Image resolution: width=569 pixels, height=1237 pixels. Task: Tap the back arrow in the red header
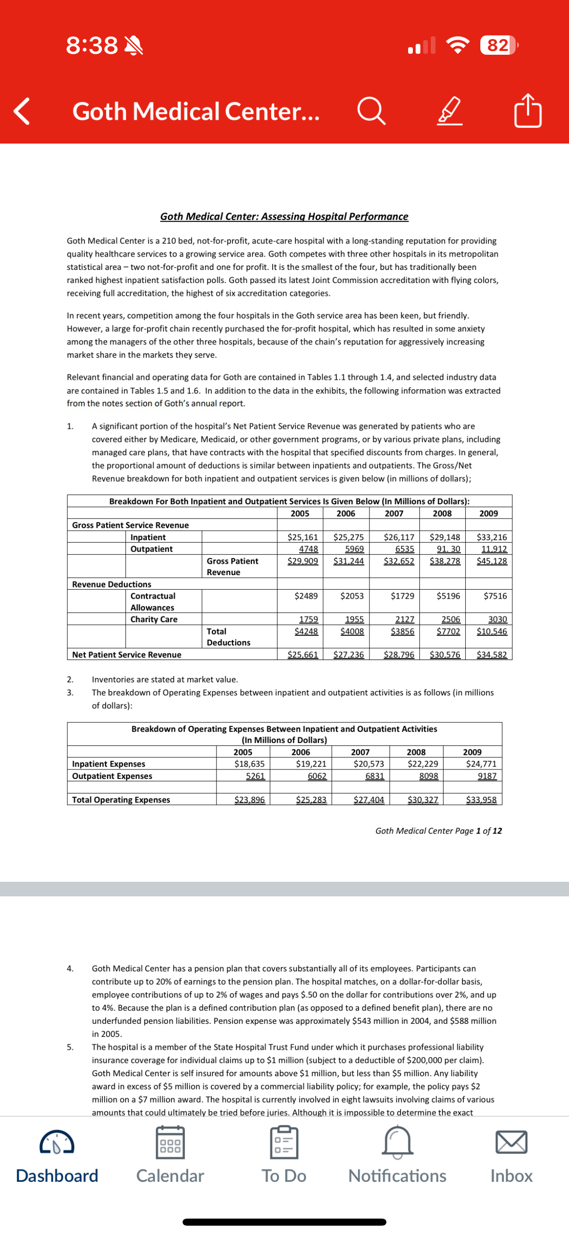click(x=22, y=111)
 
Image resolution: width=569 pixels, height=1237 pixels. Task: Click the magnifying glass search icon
click(x=371, y=112)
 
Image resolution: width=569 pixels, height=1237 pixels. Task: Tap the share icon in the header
click(x=527, y=111)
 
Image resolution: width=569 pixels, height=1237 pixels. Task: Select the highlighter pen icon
click(x=450, y=112)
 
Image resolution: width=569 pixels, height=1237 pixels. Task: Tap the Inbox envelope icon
click(x=511, y=1143)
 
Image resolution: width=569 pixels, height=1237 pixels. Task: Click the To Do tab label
click(x=284, y=1176)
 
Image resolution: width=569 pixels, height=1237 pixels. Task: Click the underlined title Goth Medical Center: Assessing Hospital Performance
click(x=284, y=217)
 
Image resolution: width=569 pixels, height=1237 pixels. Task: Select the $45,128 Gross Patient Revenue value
click(x=492, y=561)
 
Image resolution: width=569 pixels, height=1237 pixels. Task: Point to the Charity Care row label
click(x=154, y=619)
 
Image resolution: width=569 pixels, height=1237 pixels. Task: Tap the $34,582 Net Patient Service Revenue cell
click(x=492, y=654)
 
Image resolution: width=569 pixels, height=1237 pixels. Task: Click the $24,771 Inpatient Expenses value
click(x=481, y=764)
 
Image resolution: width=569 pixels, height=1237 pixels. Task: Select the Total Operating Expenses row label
click(x=121, y=800)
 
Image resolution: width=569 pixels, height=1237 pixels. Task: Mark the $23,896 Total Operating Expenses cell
click(x=249, y=800)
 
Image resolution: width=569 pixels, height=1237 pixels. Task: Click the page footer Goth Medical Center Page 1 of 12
click(x=438, y=831)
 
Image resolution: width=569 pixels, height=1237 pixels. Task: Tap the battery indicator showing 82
click(x=498, y=45)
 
